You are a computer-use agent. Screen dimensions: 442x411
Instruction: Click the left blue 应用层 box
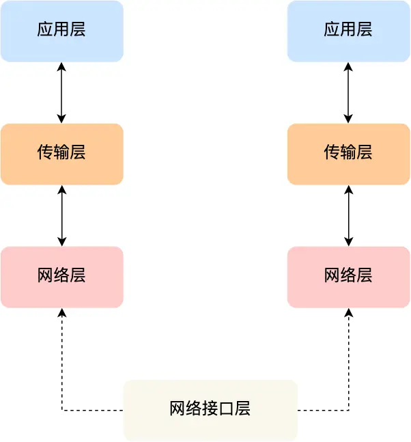point(61,31)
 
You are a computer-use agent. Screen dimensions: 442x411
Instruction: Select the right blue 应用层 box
point(348,31)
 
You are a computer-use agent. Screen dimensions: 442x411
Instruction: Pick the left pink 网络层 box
point(61,277)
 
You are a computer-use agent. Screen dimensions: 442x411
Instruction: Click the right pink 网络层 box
point(348,277)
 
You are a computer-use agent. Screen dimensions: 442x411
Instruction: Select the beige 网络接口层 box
point(210,410)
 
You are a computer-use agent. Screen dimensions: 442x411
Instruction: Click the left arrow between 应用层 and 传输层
point(62,92)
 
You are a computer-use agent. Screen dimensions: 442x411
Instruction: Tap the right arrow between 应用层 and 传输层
point(349,92)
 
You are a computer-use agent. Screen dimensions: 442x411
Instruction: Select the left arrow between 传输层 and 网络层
point(62,215)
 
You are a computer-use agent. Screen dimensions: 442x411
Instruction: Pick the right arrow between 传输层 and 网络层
point(349,215)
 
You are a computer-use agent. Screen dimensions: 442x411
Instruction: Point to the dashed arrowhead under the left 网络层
point(62,312)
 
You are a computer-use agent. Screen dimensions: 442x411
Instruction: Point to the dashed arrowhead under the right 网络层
point(349,312)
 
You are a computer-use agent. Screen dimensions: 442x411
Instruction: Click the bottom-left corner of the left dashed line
point(62,411)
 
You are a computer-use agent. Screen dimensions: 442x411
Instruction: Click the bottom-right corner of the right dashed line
point(349,411)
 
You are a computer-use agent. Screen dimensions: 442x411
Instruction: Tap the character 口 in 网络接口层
point(227,409)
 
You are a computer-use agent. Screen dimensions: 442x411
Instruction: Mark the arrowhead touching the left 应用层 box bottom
point(62,66)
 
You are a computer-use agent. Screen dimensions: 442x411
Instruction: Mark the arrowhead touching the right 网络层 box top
point(349,241)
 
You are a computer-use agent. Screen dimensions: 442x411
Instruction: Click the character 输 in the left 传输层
point(61,152)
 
